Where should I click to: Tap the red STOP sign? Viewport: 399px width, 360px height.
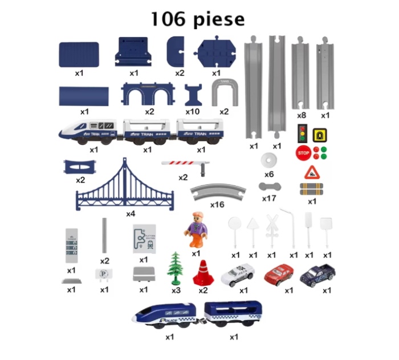(x=303, y=153)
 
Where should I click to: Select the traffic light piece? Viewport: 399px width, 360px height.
(x=302, y=134)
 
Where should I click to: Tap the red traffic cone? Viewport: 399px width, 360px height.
(x=202, y=273)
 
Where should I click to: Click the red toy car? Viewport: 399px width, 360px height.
(x=279, y=274)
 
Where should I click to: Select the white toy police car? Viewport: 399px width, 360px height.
(x=237, y=276)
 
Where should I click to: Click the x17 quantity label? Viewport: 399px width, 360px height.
(x=269, y=199)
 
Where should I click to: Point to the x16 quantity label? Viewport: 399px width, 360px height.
(x=218, y=204)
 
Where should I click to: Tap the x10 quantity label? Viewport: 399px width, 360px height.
(x=193, y=112)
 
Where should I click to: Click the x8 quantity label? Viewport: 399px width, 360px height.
(x=302, y=115)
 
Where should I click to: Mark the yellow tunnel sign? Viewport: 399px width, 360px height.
(x=320, y=135)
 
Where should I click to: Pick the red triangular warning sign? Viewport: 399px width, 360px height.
(x=312, y=172)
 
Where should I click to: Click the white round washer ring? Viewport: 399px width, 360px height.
(x=268, y=160)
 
